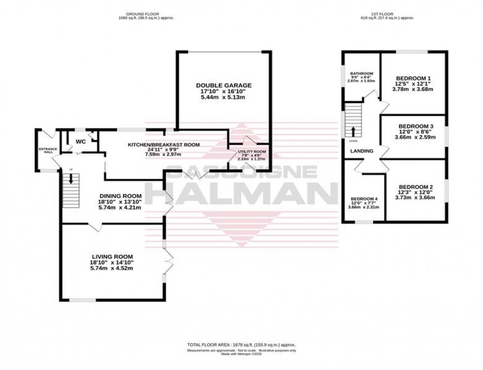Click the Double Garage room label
[223, 85]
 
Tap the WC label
[80, 141]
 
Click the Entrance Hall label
[48, 150]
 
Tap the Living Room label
[112, 256]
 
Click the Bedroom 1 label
[414, 78]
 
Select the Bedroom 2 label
[415, 187]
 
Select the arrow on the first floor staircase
[353, 131]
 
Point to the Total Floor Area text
[241, 345]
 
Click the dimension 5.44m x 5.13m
[223, 98]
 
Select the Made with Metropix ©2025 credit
[241, 354]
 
